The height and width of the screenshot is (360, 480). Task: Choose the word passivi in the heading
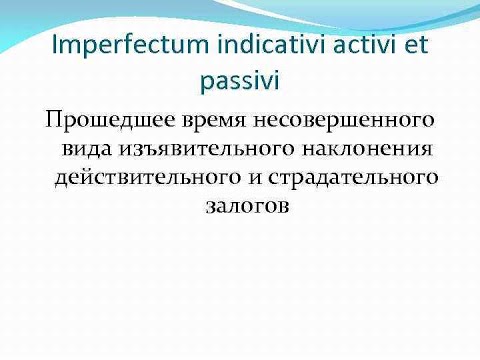[240, 80]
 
